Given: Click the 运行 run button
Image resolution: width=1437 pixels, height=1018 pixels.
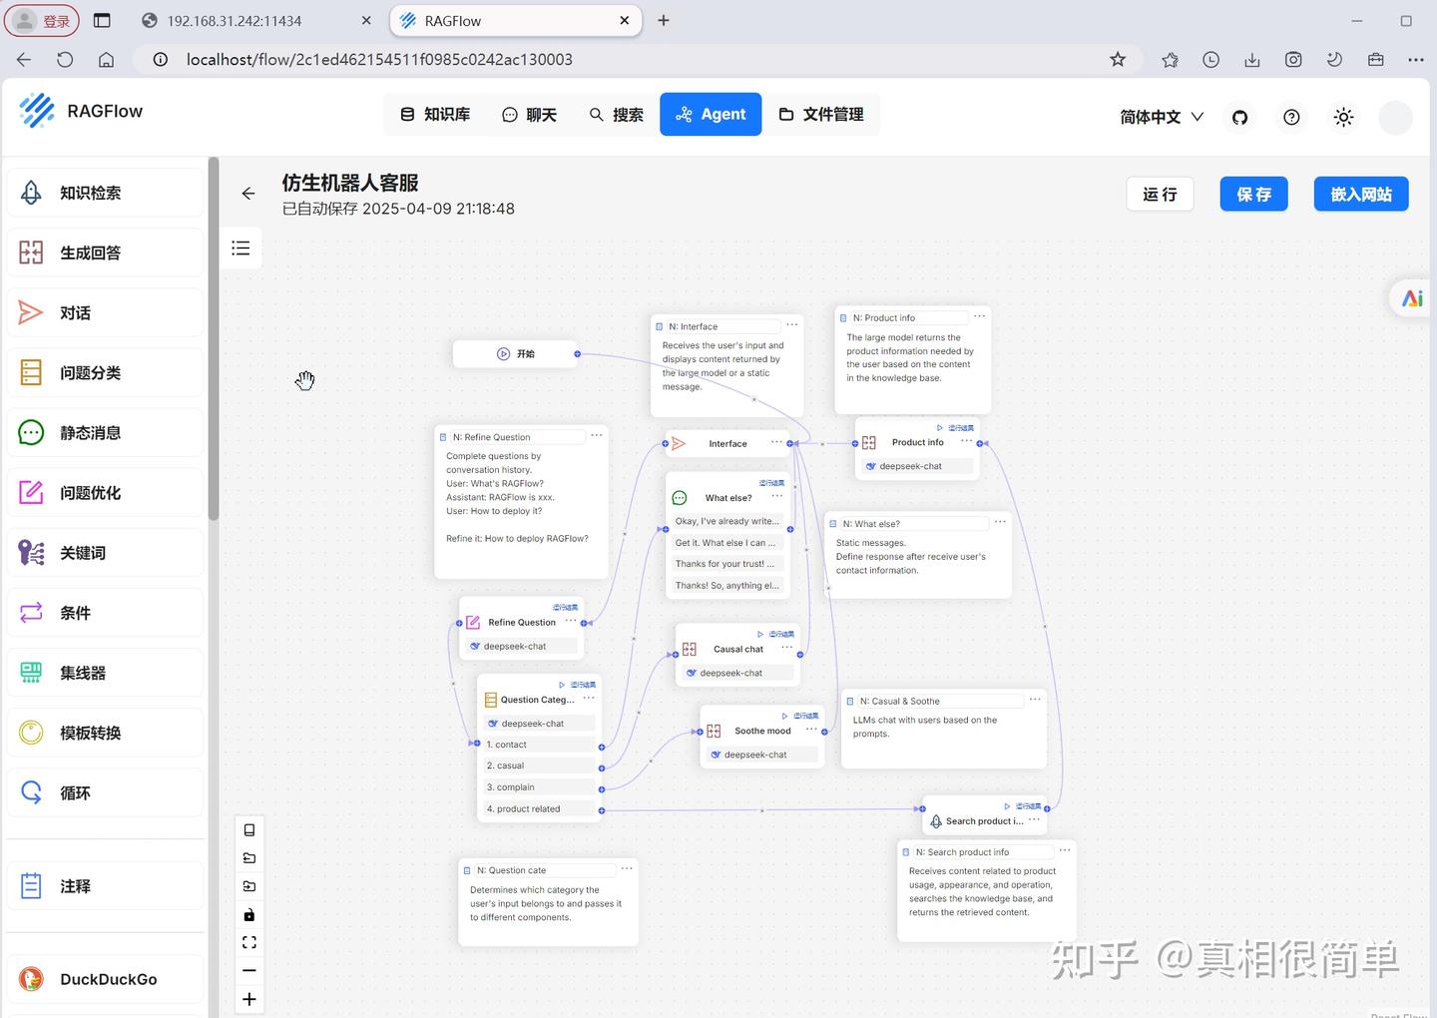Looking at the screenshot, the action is [x=1160, y=195].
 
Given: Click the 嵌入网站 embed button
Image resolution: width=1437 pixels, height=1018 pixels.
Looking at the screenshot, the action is [x=1360, y=195].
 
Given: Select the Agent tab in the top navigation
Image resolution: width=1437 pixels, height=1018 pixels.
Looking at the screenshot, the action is [x=711, y=115].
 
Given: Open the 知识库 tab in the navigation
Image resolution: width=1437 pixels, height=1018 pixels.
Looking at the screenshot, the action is [x=435, y=115].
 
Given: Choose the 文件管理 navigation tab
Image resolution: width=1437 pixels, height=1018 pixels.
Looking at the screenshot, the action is [x=820, y=115].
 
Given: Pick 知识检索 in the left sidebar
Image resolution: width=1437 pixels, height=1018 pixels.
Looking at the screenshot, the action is [x=90, y=194].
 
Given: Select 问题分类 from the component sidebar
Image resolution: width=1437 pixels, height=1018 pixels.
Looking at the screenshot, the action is [x=90, y=373].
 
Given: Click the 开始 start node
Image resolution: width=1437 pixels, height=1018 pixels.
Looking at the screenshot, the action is [x=516, y=354].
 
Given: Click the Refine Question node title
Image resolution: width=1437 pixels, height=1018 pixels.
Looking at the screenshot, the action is [x=521, y=623].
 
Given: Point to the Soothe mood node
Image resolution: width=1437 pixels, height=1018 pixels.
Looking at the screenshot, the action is [x=762, y=732].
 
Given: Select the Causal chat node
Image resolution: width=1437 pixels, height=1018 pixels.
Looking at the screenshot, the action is [x=737, y=650].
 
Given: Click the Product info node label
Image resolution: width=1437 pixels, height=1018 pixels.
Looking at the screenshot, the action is [x=917, y=443].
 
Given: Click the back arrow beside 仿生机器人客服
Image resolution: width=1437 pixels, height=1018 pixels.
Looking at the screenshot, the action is [x=248, y=194].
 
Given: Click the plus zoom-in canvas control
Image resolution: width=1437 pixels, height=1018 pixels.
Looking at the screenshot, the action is [x=249, y=999].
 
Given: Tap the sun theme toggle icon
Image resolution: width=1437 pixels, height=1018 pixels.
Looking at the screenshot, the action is [x=1343, y=118].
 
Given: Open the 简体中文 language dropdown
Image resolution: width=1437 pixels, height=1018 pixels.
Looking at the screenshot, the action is [x=1161, y=118].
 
